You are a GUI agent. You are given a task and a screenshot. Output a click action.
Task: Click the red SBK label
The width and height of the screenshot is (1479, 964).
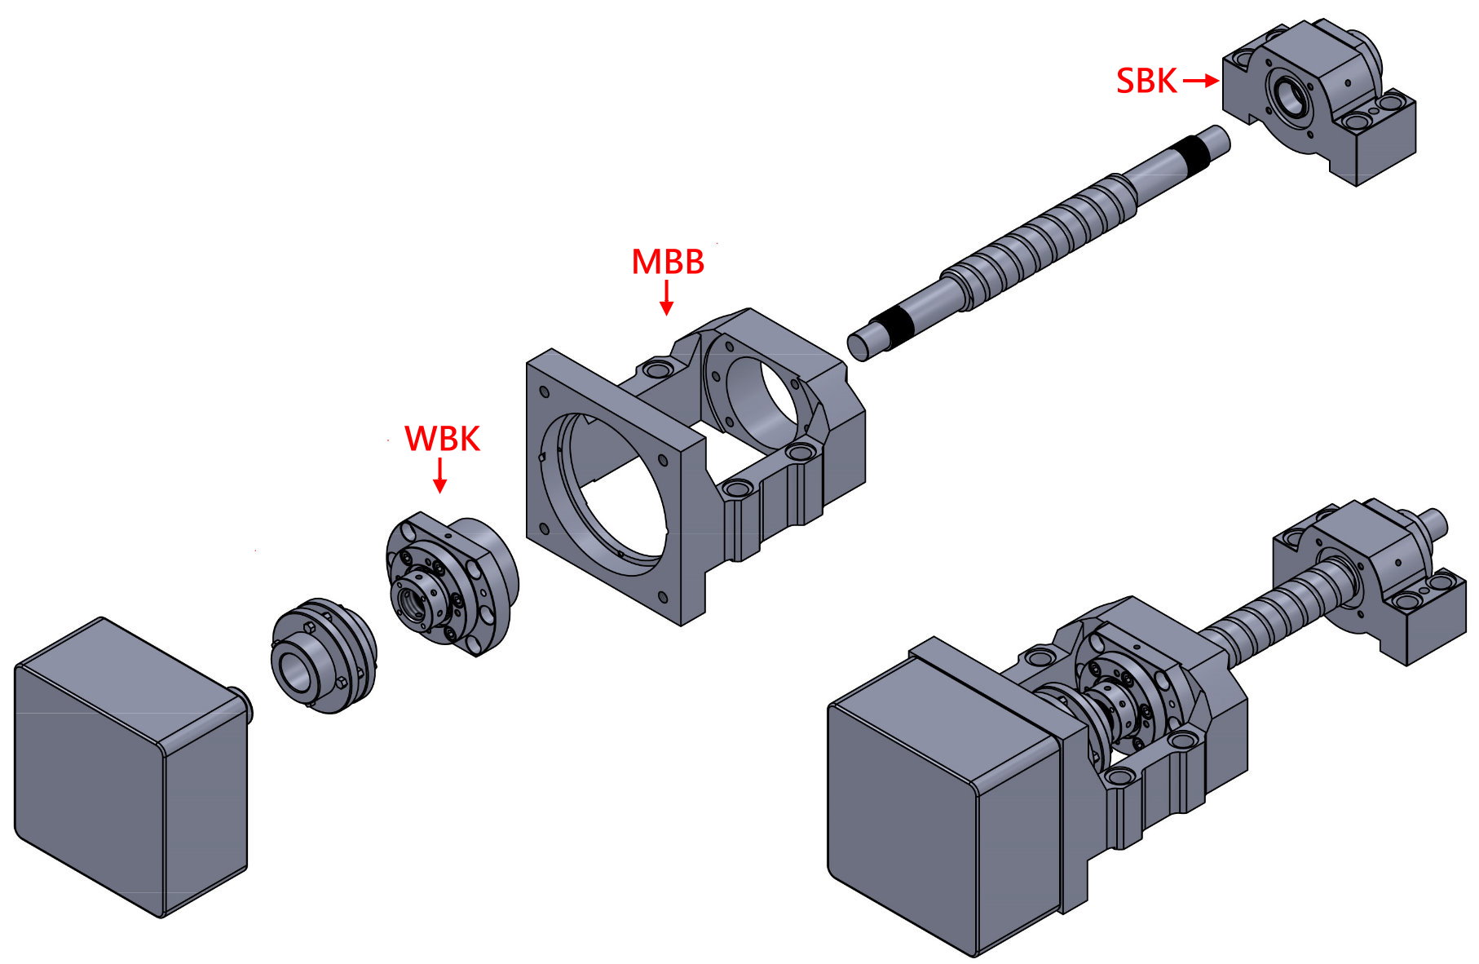[x=1146, y=81]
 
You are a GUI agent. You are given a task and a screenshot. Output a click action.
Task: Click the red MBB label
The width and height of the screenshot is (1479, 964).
[x=667, y=262]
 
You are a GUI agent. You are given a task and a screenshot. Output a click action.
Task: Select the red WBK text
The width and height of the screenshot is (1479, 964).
[x=442, y=439]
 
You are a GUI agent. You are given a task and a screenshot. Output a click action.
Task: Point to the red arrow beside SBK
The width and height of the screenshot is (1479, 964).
[x=1199, y=81]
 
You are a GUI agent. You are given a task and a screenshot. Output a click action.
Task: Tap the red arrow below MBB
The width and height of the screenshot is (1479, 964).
[x=666, y=298]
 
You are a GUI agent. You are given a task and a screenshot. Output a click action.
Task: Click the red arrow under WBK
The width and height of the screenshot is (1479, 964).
[x=440, y=475]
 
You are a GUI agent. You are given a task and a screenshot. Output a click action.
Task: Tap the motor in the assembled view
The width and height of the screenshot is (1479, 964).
[x=938, y=807]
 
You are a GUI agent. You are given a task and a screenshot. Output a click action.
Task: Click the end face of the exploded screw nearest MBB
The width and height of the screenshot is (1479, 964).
[x=857, y=346]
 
